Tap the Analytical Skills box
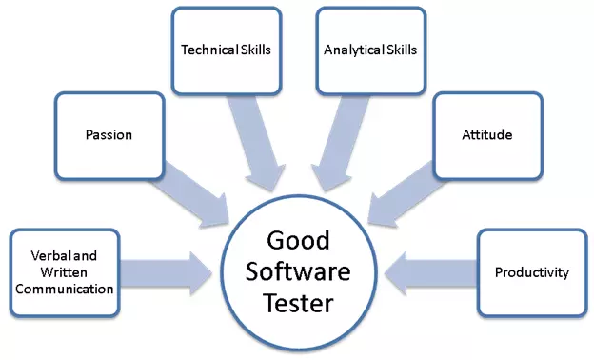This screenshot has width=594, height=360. click(370, 50)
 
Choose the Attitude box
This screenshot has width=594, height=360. click(488, 135)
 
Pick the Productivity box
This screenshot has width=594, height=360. click(531, 273)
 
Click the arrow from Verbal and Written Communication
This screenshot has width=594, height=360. click(168, 271)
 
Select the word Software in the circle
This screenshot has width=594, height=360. click(298, 272)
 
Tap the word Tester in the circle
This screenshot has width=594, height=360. click(298, 305)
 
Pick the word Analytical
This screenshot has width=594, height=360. click(354, 50)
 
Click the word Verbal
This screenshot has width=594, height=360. click(49, 256)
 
